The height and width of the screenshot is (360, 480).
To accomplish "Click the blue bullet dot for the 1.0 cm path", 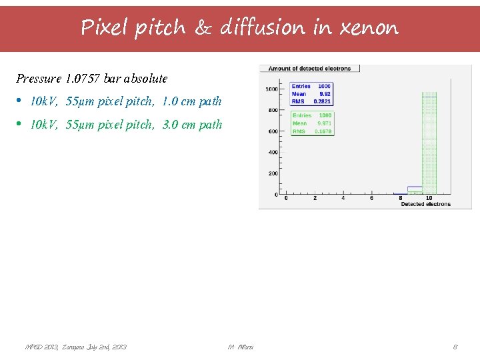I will coord(19,101).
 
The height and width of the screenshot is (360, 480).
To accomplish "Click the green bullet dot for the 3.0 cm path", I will coord(19,124).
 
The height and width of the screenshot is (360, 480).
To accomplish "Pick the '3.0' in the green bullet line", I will coord(171,124).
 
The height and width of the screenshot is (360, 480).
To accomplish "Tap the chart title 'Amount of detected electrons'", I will coord(309,69).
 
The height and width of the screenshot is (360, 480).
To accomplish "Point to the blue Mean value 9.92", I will coord(325,94).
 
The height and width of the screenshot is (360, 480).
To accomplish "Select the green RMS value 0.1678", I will coord(323,131).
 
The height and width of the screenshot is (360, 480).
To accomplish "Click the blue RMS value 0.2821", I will coord(323,101).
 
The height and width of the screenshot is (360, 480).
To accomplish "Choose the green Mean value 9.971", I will coord(324,123).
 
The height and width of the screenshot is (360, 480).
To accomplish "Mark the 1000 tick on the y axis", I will coord(272,89).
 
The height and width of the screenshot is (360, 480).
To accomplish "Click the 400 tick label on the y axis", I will coord(273,153).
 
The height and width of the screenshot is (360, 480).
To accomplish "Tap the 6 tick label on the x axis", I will coord(372,198).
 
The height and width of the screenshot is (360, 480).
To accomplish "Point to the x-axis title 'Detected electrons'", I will coord(425,204).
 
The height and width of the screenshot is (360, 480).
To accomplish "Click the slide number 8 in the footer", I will coord(455,347).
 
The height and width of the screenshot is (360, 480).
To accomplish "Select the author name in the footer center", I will coord(240,347).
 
